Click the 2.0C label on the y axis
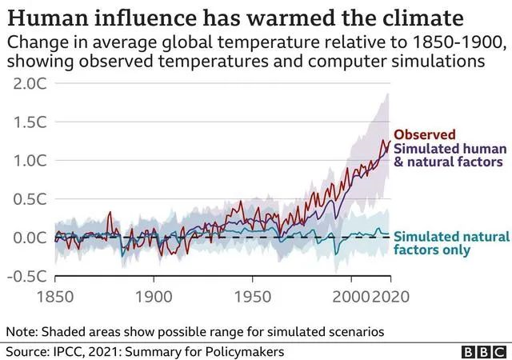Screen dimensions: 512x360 (30, 84)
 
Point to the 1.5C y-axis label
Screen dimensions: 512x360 (30, 122)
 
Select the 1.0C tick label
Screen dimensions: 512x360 (30, 161)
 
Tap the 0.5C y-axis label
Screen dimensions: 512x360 (30, 199)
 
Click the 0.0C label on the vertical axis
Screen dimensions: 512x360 (30, 238)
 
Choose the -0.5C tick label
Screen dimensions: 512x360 (26, 276)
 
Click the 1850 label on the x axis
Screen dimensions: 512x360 (55, 297)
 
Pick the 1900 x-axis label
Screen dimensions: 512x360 (154, 297)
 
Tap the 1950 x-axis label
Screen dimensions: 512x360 (253, 297)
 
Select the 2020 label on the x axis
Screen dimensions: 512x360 (390, 297)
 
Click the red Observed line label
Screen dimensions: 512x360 (425, 134)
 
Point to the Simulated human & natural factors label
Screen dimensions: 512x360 (450, 155)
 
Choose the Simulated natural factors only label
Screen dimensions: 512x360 (451, 243)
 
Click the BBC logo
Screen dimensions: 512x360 (484, 352)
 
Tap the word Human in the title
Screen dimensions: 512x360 (48, 18)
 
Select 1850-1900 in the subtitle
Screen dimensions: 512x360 (457, 42)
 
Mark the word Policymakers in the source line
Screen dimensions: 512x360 (245, 352)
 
